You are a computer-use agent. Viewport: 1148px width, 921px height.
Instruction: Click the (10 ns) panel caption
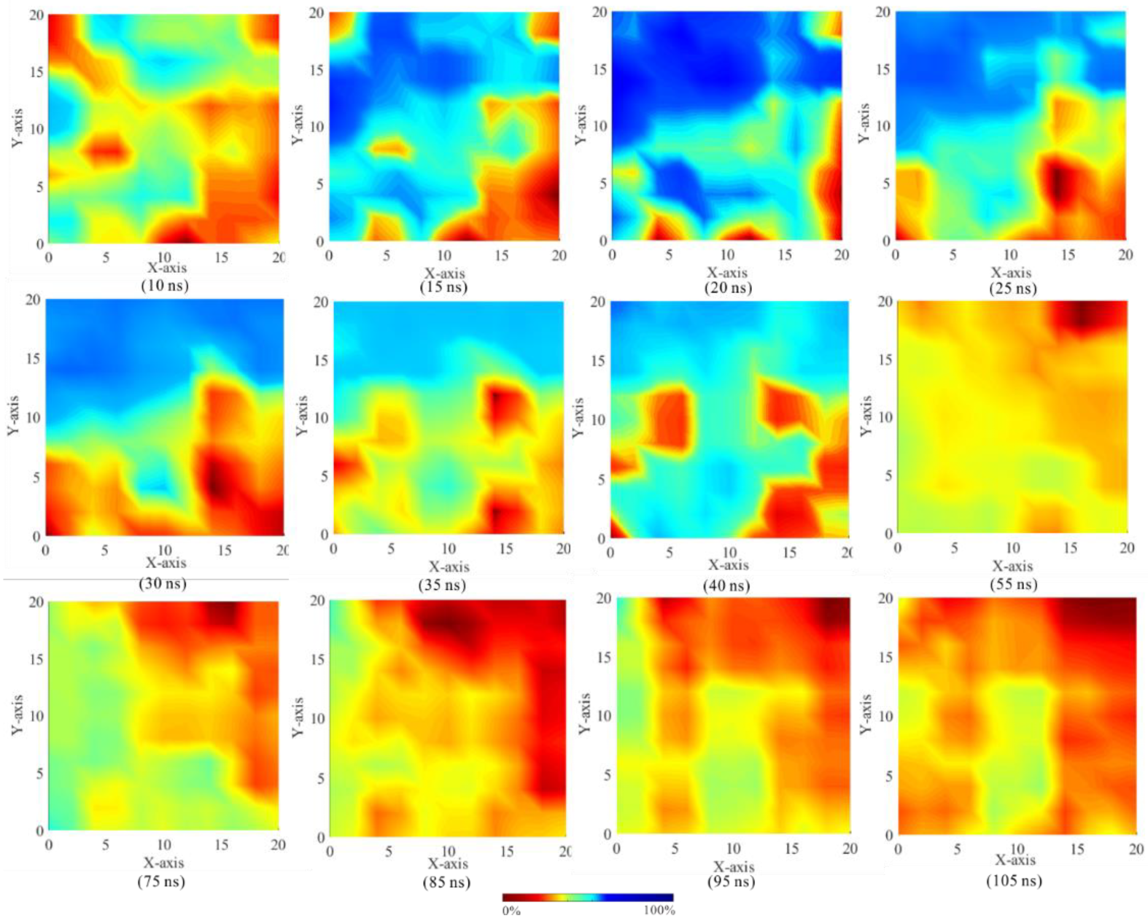(x=165, y=285)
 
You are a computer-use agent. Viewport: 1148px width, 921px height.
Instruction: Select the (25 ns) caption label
(x=1012, y=288)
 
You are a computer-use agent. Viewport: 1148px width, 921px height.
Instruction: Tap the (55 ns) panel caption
(x=1013, y=584)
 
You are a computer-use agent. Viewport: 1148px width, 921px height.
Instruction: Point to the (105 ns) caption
(x=1014, y=881)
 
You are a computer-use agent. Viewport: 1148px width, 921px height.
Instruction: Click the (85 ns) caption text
(x=446, y=882)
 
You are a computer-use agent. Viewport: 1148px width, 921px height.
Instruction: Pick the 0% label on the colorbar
(x=511, y=911)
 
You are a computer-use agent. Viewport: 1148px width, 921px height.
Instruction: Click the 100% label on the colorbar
(x=659, y=911)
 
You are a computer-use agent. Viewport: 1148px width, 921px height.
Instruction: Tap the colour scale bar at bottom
(x=587, y=898)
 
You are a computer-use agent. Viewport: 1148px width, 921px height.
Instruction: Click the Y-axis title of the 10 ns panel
(x=18, y=128)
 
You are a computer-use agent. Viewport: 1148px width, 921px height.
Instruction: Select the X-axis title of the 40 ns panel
(x=729, y=565)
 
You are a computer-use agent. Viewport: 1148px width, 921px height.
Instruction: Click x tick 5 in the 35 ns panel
(x=391, y=548)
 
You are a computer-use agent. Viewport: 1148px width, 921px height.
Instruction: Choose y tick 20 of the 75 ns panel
(x=36, y=602)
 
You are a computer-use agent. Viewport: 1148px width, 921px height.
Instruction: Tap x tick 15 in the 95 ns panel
(x=791, y=849)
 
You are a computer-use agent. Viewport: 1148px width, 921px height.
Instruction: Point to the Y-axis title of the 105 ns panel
(x=866, y=715)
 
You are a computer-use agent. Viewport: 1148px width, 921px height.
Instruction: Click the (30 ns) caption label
(x=163, y=583)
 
